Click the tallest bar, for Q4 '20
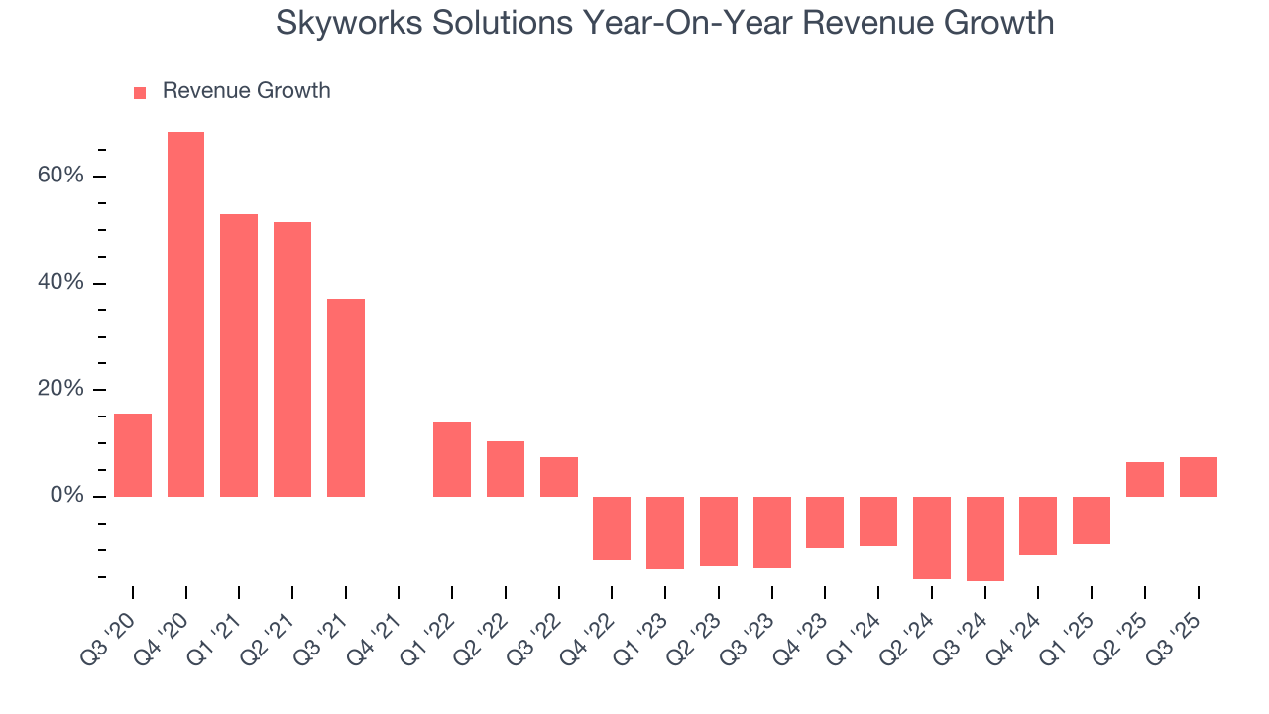(185, 314)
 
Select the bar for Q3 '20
(133, 455)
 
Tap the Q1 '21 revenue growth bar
(239, 355)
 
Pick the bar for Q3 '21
(346, 398)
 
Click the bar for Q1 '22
(452, 459)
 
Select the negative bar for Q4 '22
(612, 529)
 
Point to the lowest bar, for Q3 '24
(984, 538)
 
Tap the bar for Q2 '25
(1145, 479)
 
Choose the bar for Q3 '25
(1198, 477)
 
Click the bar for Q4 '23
(825, 523)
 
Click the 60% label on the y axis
(60, 176)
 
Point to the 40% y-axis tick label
(60, 283)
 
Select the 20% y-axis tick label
(60, 389)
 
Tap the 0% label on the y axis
(67, 496)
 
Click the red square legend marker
(140, 92)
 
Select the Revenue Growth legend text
(246, 91)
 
